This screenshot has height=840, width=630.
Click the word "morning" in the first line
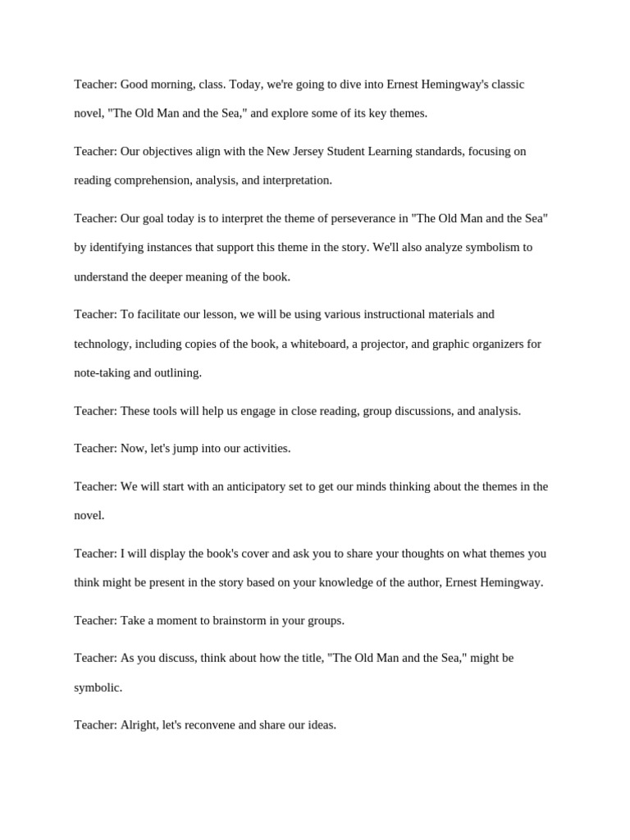[175, 84]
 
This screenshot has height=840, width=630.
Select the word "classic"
[504, 84]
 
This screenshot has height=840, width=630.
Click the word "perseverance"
[354, 218]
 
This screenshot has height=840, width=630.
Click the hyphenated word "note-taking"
[102, 373]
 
